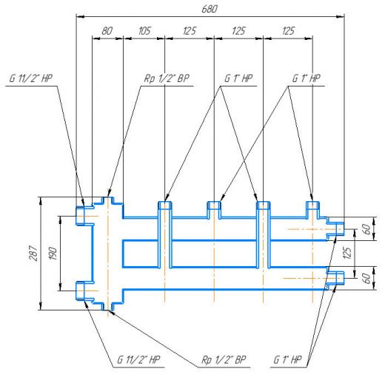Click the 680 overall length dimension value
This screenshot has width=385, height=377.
coord(210,9)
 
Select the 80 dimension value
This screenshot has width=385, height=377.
coord(107,31)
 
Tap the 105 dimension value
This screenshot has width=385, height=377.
coord(144,31)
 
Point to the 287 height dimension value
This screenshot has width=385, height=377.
coord(34,253)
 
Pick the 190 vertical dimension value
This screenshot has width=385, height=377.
coord(53,253)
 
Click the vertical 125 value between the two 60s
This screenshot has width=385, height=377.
coord(347,253)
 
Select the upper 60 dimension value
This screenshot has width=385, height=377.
coord(367,229)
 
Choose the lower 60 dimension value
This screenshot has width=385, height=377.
coord(367,278)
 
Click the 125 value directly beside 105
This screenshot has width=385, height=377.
coord(190,31)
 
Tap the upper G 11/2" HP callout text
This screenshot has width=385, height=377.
coord(31,78)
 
